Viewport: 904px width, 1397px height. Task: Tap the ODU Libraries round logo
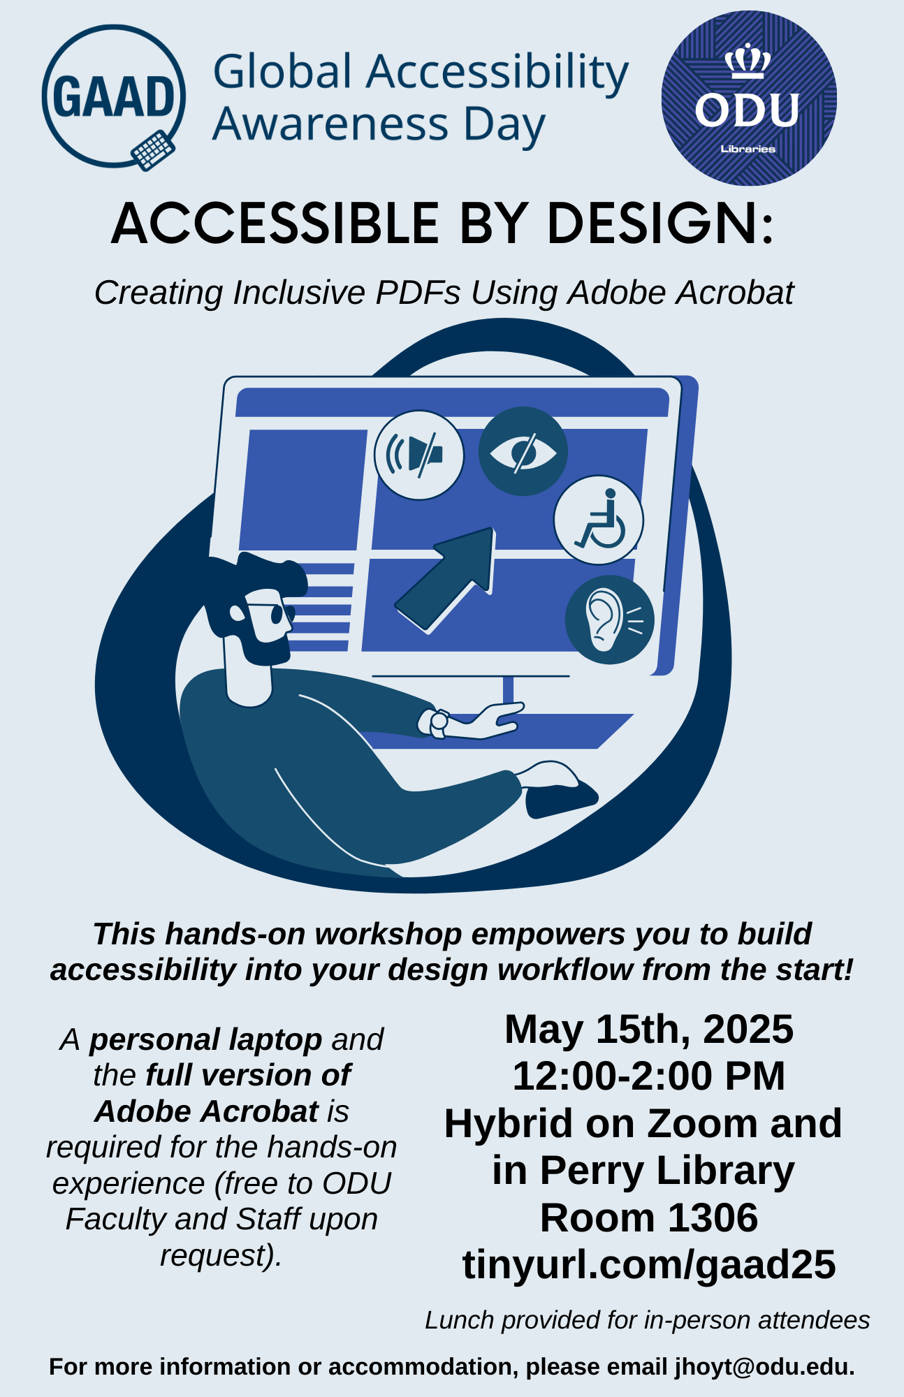[x=749, y=98]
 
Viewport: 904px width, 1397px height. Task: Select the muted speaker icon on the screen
[x=419, y=455]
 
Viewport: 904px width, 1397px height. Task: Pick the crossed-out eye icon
[x=523, y=451]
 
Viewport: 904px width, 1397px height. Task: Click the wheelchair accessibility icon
[x=599, y=520]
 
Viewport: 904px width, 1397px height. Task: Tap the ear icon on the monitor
[x=610, y=620]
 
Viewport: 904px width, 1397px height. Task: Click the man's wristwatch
[x=439, y=723]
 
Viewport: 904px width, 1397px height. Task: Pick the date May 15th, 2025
[x=649, y=1030]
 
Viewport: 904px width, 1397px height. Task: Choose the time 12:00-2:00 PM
[x=649, y=1076]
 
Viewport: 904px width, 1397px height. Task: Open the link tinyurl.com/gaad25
[x=649, y=1266]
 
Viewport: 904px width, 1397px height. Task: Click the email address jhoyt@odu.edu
[x=764, y=1367]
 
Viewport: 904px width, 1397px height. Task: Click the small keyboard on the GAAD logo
[x=153, y=150]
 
